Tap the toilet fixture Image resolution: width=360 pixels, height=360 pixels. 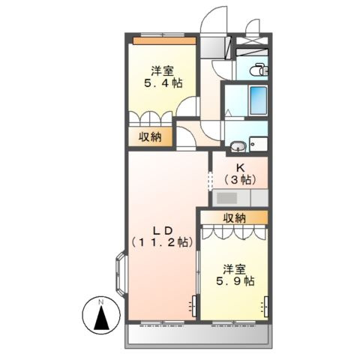coord(258,70)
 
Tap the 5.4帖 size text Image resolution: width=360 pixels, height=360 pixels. coord(161,83)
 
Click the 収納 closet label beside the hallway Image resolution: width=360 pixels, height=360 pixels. coord(149,136)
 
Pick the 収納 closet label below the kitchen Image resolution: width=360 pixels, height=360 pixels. coord(234,218)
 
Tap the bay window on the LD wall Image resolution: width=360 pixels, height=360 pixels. coord(120,274)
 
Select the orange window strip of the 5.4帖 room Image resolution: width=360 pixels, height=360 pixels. coord(163,40)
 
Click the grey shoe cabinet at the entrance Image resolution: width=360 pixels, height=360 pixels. coord(218,44)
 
